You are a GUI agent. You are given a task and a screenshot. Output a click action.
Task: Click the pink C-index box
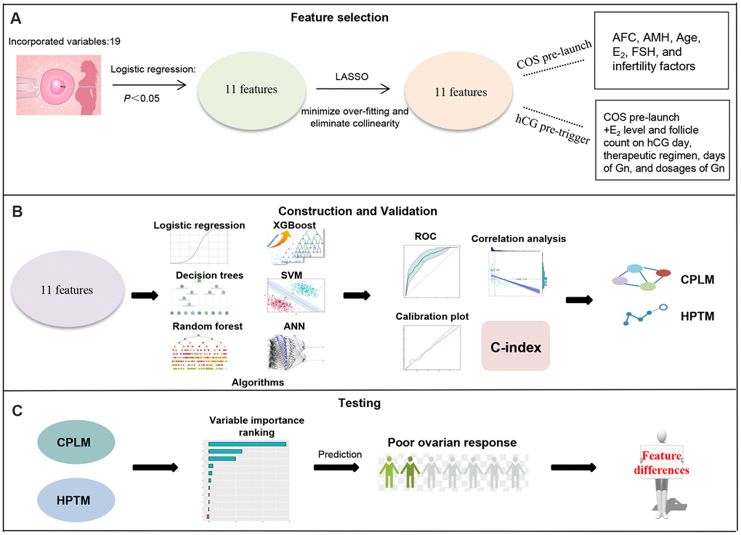click(517, 347)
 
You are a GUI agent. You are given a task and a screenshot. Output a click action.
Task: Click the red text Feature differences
click(664, 463)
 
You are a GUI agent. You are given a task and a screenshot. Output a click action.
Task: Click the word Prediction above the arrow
click(339, 454)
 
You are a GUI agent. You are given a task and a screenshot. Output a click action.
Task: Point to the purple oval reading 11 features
click(67, 291)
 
